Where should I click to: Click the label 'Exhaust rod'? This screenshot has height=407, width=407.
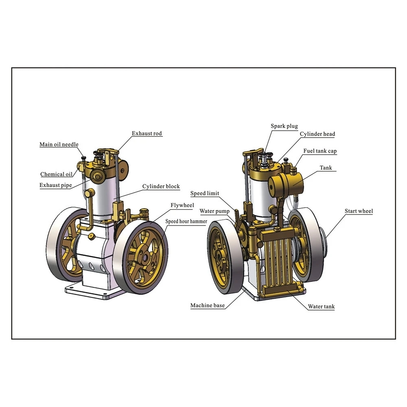click(x=147, y=133)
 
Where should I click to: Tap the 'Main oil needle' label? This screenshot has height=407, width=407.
click(x=59, y=144)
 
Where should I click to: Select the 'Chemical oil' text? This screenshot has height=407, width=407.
click(x=56, y=174)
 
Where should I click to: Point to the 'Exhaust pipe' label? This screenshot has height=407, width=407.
click(x=55, y=185)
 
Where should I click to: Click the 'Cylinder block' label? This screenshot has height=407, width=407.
click(x=161, y=186)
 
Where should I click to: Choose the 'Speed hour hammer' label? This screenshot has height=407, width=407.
click(x=186, y=221)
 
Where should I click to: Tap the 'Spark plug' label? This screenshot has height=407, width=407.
click(x=284, y=126)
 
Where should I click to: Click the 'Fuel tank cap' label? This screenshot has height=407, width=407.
click(x=320, y=151)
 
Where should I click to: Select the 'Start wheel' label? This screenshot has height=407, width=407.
click(x=359, y=211)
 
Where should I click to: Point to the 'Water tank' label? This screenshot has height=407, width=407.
click(x=321, y=306)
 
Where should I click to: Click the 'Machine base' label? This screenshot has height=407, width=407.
click(x=207, y=305)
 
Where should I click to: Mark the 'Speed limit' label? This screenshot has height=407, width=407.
click(x=205, y=193)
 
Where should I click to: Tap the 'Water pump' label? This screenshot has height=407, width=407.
click(x=214, y=211)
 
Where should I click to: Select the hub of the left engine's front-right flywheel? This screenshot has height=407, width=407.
click(x=145, y=258)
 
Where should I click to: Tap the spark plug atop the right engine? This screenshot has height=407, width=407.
click(x=265, y=158)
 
